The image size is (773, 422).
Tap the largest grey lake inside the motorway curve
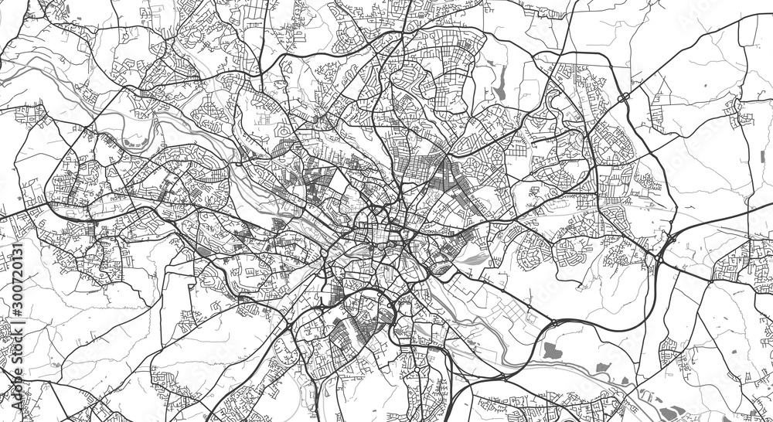pos(550,350)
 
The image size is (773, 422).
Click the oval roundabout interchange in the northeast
pos(622,98)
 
